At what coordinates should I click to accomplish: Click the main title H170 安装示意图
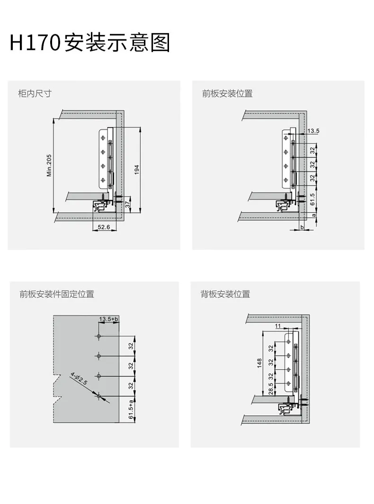tap(89, 42)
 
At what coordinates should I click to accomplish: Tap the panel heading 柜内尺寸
tap(35, 93)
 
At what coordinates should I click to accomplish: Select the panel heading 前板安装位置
tap(227, 93)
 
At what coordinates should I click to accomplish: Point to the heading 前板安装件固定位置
tap(56, 294)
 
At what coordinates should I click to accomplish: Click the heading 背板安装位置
tap(225, 294)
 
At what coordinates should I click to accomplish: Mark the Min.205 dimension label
tap(49, 165)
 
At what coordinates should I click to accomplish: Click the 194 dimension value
tap(137, 170)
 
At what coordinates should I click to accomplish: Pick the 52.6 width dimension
tap(104, 227)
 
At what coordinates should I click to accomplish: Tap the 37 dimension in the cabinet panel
tap(127, 204)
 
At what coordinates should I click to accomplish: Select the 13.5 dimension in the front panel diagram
tap(313, 131)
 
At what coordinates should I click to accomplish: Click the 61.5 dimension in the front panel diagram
tap(312, 200)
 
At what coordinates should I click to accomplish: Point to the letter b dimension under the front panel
tap(302, 227)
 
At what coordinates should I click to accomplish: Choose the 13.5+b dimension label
tap(108, 319)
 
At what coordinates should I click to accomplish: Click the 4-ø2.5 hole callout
tap(79, 379)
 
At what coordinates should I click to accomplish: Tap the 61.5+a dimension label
tap(131, 410)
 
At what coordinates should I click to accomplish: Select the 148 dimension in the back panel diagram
tap(259, 363)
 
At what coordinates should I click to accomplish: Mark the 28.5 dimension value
tap(271, 389)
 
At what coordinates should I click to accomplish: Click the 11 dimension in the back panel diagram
tap(278, 326)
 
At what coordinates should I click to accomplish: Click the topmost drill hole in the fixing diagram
tap(99, 336)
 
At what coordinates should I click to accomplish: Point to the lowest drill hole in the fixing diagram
tap(99, 396)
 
